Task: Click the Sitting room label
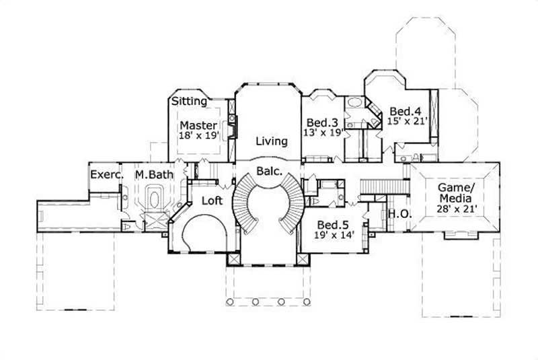pos(189,102)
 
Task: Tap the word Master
pos(198,125)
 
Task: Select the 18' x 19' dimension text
pos(198,135)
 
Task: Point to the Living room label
pos(272,141)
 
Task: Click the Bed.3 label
pos(321,122)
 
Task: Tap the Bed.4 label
pos(406,111)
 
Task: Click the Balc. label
pos(268,171)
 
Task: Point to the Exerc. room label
pos(106,174)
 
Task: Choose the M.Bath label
pos(154,174)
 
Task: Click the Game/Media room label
pos(456,192)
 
